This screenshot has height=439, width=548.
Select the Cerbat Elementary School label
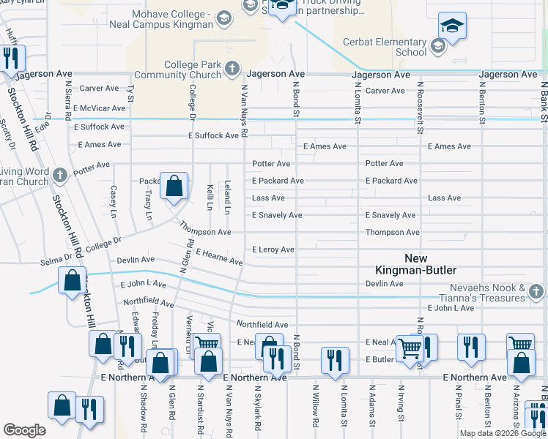point(390,47)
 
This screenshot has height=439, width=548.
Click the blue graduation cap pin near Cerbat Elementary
point(453,26)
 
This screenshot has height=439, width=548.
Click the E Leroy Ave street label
point(273,249)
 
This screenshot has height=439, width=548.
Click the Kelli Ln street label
point(210,198)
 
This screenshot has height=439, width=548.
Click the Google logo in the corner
point(25,429)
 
